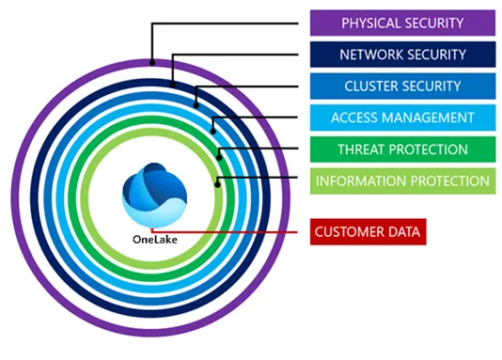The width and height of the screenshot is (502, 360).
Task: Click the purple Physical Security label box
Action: (401, 23)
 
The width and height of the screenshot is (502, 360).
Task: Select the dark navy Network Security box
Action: (401, 55)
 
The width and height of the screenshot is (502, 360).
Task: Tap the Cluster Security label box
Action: (401, 86)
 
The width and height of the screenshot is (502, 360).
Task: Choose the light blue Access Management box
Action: (401, 117)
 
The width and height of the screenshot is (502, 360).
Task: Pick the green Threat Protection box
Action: (401, 149)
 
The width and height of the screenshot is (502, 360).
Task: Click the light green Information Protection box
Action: (401, 180)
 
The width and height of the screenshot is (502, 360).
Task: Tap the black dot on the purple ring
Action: (151, 63)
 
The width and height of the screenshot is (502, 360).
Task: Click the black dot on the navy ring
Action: (173, 84)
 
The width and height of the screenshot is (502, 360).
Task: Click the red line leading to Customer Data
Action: (244, 230)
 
